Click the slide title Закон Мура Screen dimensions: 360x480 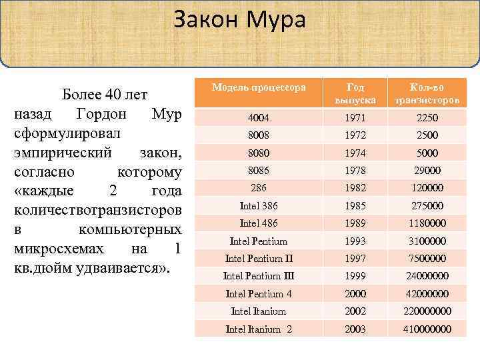239,20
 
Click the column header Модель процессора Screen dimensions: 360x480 259,87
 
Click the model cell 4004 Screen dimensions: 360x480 259,118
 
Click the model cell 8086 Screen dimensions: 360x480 259,171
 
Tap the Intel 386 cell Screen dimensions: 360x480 259,205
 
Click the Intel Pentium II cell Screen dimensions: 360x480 259,258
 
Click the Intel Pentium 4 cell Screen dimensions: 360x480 259,293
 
